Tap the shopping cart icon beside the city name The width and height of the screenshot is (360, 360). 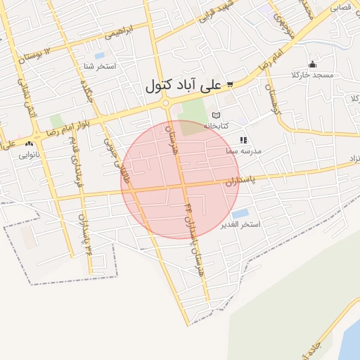pyautogui.click(x=230, y=84)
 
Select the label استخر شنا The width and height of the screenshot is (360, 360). pyautogui.click(x=99, y=67)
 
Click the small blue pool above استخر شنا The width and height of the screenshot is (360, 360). pyautogui.click(x=99, y=55)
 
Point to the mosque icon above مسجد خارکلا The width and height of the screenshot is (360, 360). pyautogui.click(x=313, y=65)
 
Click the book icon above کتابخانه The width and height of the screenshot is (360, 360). pyautogui.click(x=216, y=115)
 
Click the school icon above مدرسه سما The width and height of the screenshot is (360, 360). pyautogui.click(x=243, y=141)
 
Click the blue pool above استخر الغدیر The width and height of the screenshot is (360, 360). pyautogui.click(x=240, y=213)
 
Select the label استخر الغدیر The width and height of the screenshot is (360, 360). pyautogui.click(x=240, y=225)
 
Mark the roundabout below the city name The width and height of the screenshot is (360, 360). pyautogui.click(x=165, y=104)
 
